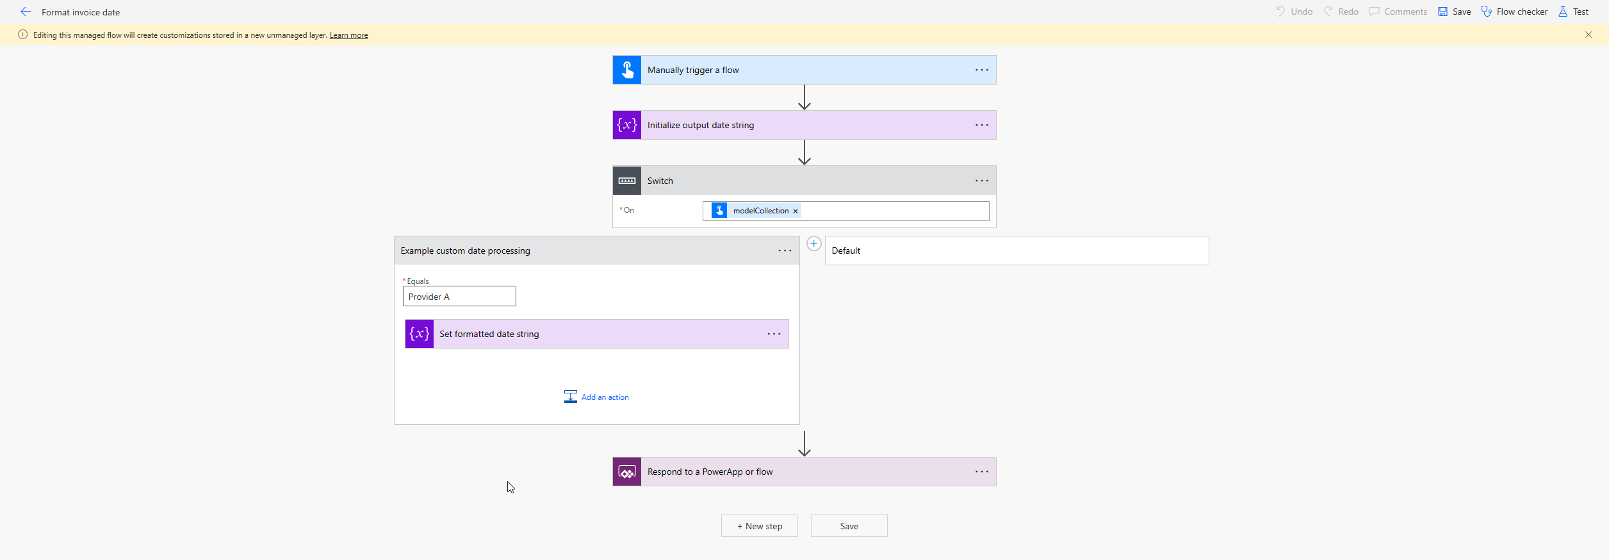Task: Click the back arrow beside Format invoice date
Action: pyautogui.click(x=26, y=12)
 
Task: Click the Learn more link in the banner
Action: pyautogui.click(x=348, y=35)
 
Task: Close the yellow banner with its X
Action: pyautogui.click(x=1589, y=35)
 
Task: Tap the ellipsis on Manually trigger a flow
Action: pyautogui.click(x=982, y=70)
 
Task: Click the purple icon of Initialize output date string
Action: pyautogui.click(x=627, y=125)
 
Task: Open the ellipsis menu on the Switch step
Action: pyautogui.click(x=982, y=181)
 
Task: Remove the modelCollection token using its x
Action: pyautogui.click(x=796, y=211)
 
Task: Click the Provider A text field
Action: pyautogui.click(x=459, y=296)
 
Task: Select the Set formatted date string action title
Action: pyautogui.click(x=489, y=334)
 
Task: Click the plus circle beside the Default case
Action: pyautogui.click(x=813, y=243)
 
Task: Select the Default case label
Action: pyautogui.click(x=846, y=251)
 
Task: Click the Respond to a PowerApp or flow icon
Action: pyautogui.click(x=627, y=472)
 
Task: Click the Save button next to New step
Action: pyautogui.click(x=849, y=526)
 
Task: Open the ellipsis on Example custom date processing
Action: pyautogui.click(x=785, y=251)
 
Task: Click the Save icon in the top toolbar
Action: pyautogui.click(x=1442, y=12)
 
